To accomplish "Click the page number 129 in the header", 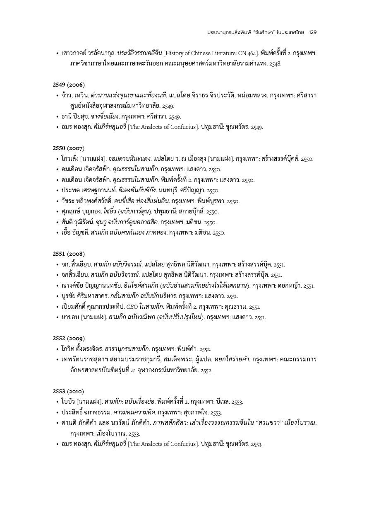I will [313, 32].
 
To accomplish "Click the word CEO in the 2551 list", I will [132, 307].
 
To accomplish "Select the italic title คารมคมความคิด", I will [132, 412].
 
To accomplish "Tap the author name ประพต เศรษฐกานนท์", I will [86, 190].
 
